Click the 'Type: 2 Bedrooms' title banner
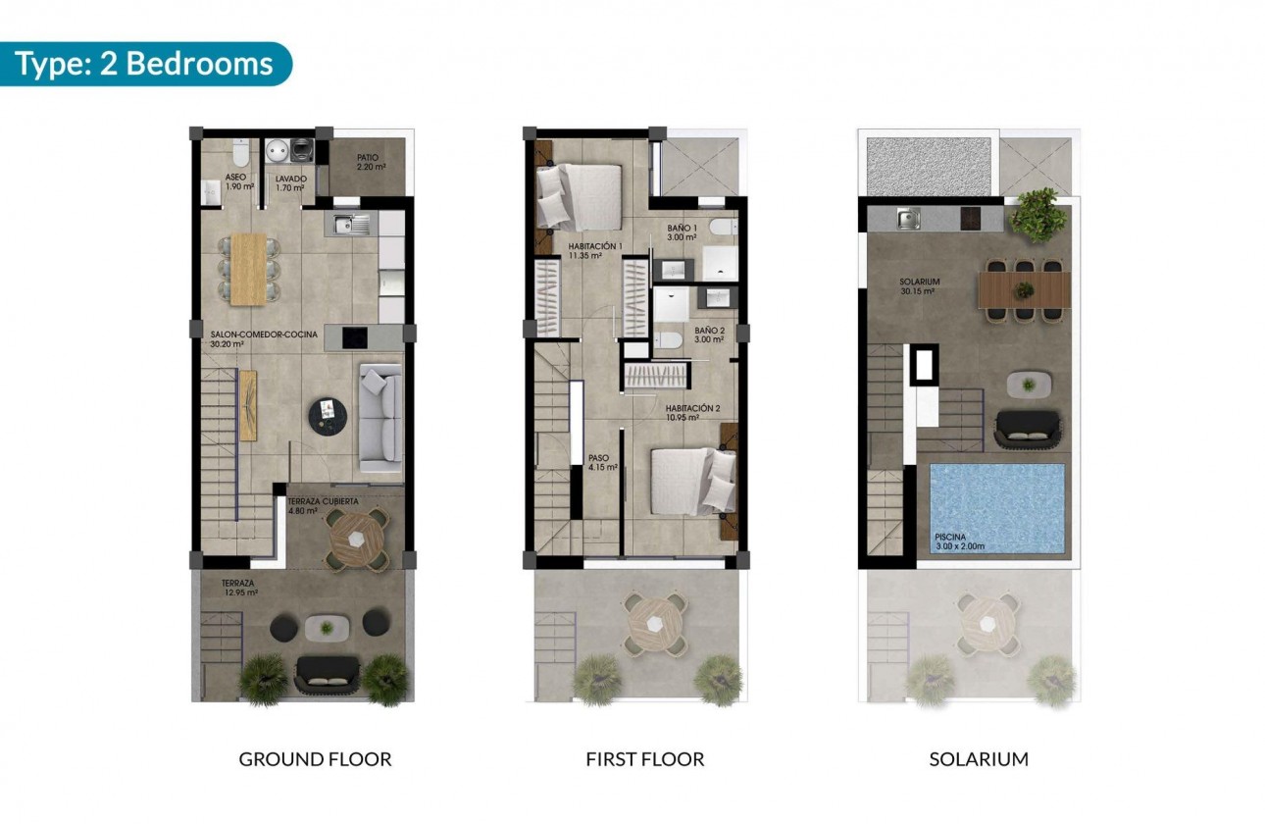tap(144, 64)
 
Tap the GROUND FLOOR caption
tap(315, 759)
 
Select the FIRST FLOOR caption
tap(644, 759)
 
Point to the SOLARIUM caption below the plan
tap(979, 759)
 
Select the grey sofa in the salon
tap(380, 418)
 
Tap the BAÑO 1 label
tap(682, 232)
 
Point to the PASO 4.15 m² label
tap(601, 462)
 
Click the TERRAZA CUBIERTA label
tap(323, 505)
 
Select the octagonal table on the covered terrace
tap(358, 540)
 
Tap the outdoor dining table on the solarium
tap(1024, 290)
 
